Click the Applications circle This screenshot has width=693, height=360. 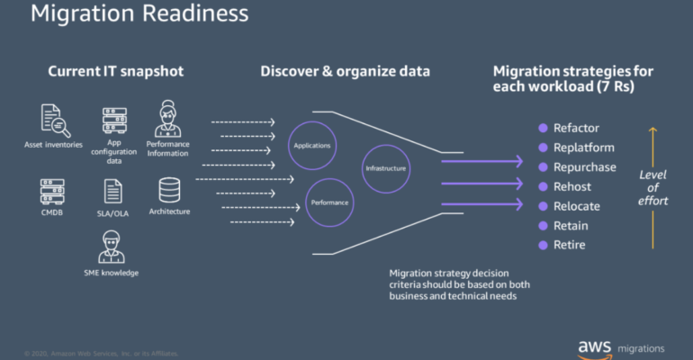click(x=312, y=122)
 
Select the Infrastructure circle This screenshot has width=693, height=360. click(x=386, y=145)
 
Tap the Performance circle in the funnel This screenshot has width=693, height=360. click(x=329, y=179)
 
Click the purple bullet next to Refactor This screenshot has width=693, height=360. click(x=544, y=128)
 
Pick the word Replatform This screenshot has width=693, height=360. click(x=584, y=148)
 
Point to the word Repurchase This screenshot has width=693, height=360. click(x=585, y=167)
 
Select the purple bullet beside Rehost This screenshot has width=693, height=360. click(x=544, y=186)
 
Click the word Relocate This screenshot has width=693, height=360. click(x=577, y=206)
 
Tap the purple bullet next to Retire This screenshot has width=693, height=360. click(x=544, y=245)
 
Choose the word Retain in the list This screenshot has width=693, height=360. click(x=571, y=226)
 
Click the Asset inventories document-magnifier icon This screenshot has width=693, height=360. click(x=56, y=121)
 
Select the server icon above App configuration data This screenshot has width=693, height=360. click(x=114, y=121)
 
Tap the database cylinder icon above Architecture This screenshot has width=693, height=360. click(x=169, y=191)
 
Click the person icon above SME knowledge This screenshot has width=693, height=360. click(x=112, y=247)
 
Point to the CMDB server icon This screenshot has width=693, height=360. click(x=52, y=192)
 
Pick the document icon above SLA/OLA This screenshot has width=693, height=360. click(x=112, y=192)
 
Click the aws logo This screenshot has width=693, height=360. click(x=595, y=348)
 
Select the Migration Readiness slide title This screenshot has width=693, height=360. click(x=139, y=13)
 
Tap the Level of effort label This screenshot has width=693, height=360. click(x=652, y=188)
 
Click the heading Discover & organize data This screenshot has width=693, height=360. click(x=346, y=72)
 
